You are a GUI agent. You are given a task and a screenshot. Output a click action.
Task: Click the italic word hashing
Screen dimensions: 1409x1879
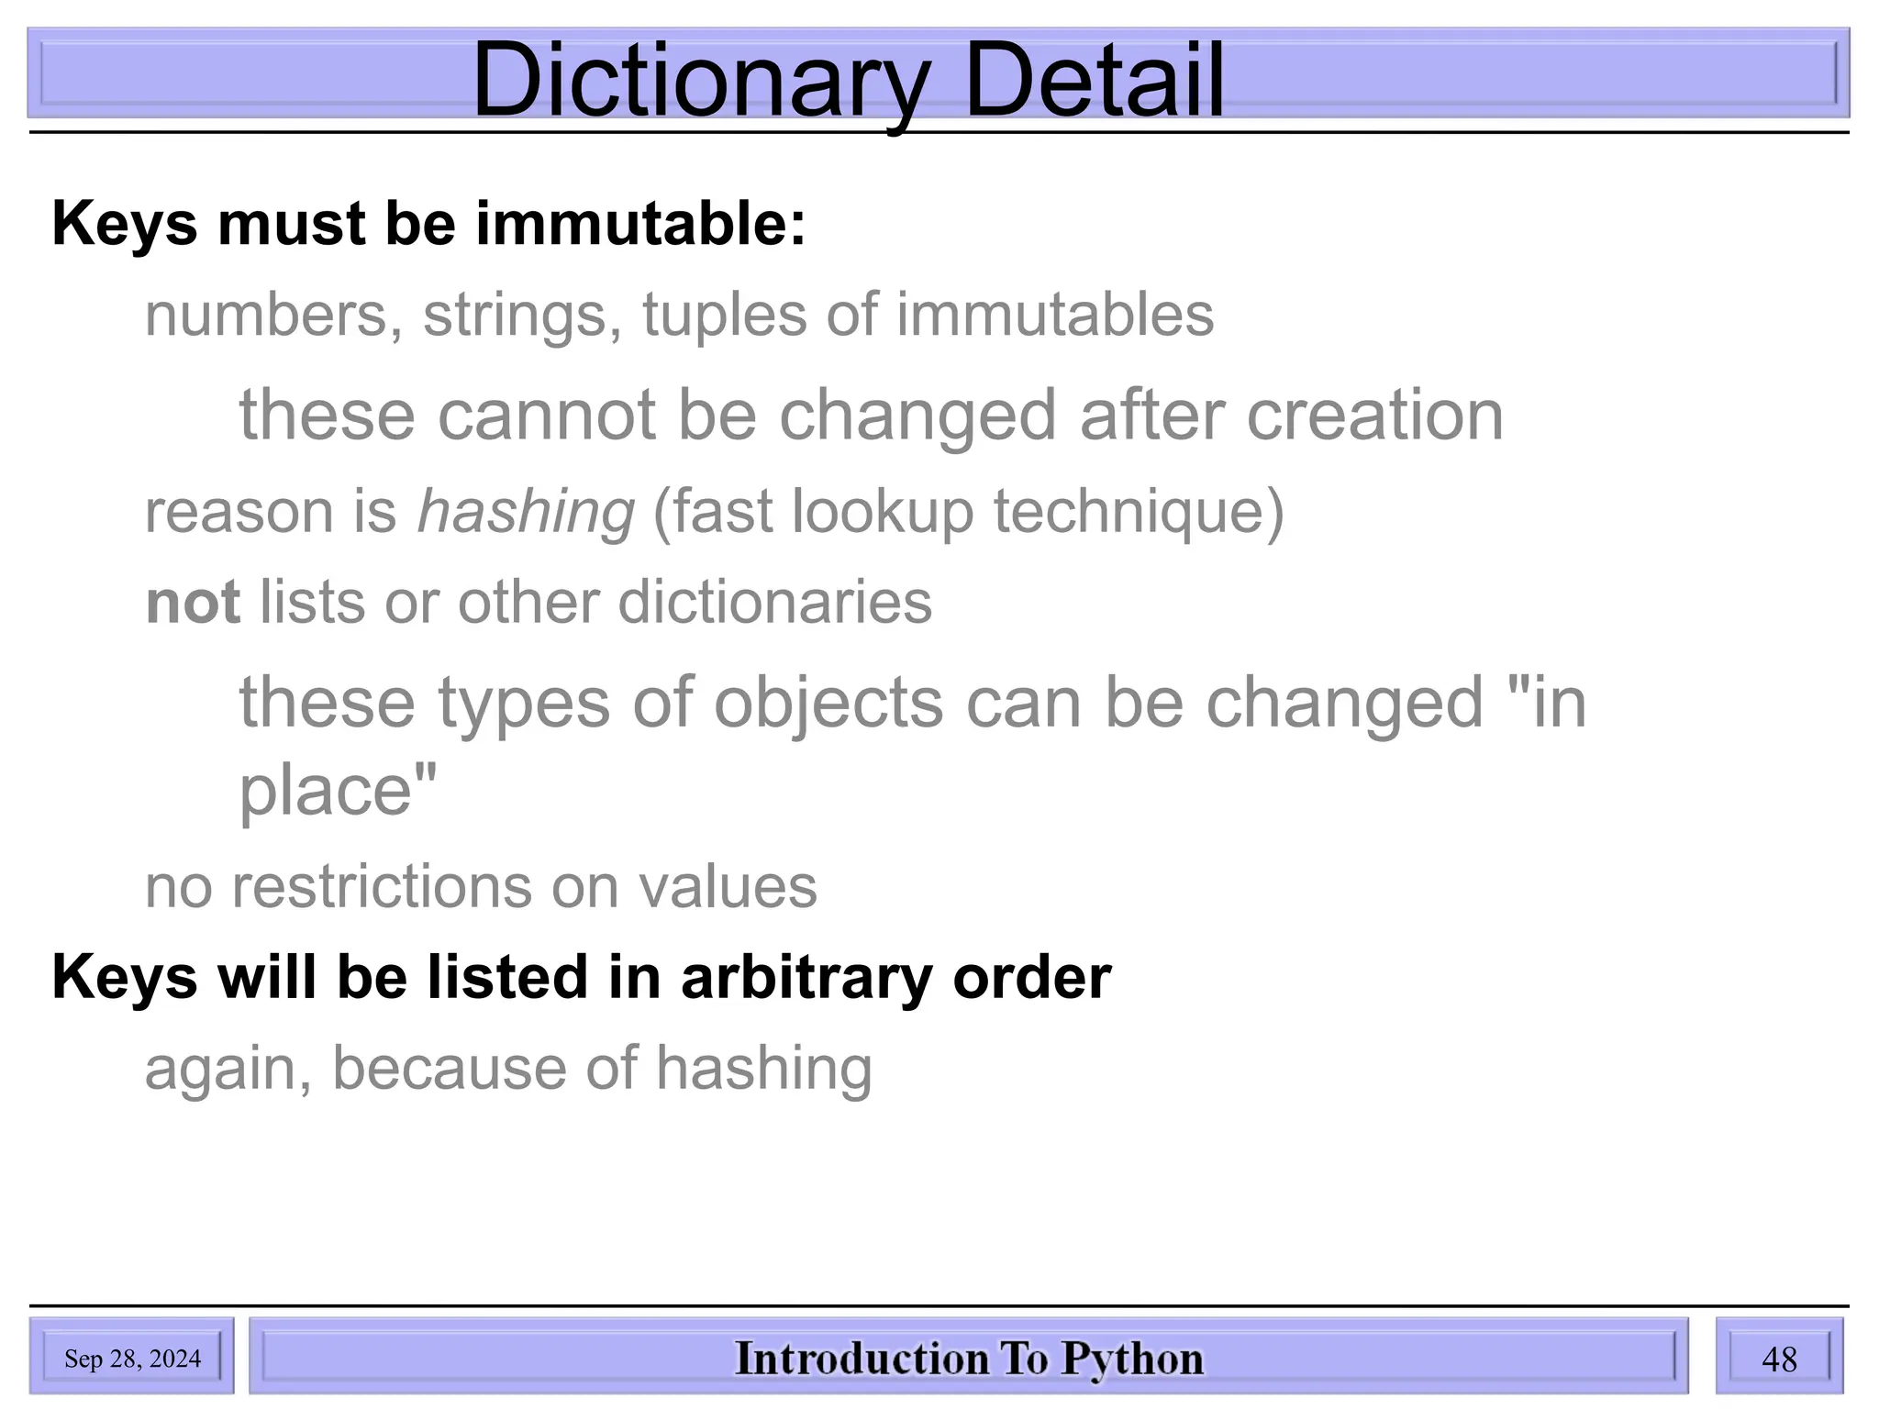[x=526, y=512]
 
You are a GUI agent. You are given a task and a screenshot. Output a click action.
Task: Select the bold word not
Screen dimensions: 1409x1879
[x=193, y=603]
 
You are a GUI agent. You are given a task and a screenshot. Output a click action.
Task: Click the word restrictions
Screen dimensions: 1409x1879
[x=381, y=887]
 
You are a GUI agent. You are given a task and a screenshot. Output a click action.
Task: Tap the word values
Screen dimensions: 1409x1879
[x=727, y=887]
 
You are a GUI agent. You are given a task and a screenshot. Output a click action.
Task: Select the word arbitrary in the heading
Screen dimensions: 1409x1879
[x=806, y=977]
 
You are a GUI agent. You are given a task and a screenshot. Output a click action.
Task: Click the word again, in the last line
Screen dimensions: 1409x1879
[x=228, y=1070]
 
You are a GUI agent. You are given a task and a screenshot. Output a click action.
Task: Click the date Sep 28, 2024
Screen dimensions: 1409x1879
[x=132, y=1359]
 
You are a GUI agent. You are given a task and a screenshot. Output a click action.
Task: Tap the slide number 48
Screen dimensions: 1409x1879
[x=1779, y=1359]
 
